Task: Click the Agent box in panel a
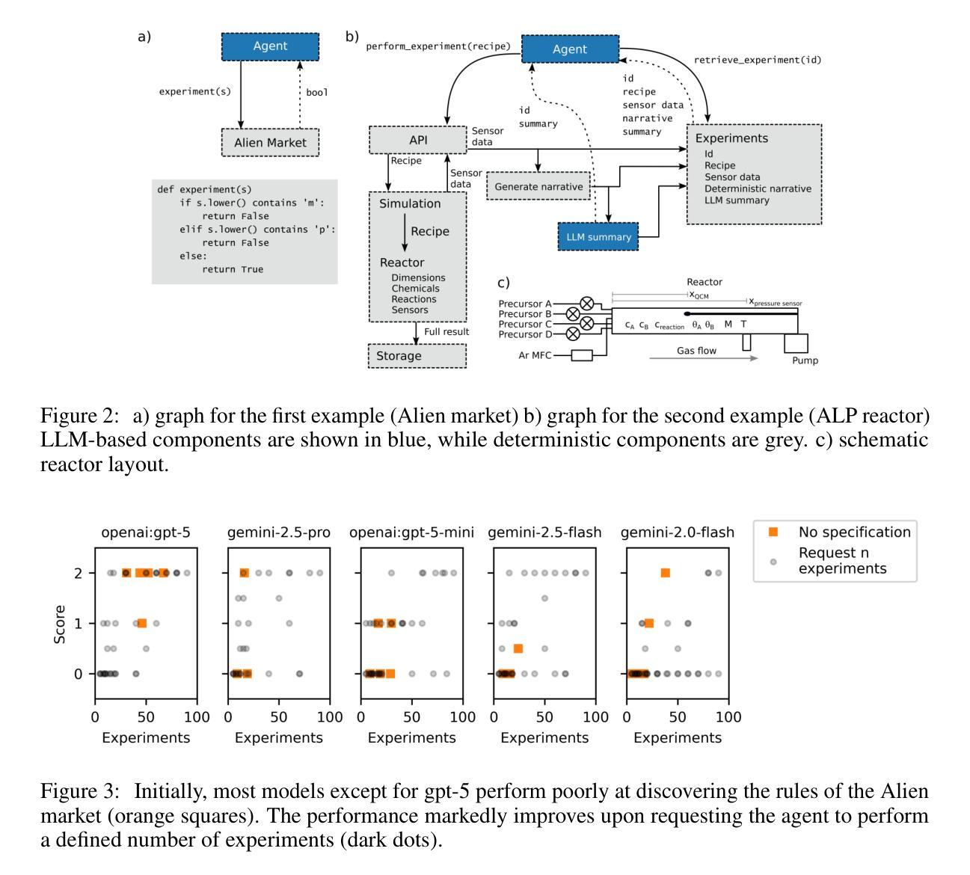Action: click(x=270, y=46)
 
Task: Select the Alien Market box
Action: click(x=270, y=142)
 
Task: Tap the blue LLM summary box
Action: click(x=598, y=237)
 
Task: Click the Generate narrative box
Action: click(x=538, y=186)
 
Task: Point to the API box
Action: click(x=418, y=140)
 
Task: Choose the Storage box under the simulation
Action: click(x=417, y=356)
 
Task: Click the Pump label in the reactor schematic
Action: click(x=805, y=360)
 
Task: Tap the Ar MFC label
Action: click(x=535, y=355)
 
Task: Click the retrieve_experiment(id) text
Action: click(x=757, y=60)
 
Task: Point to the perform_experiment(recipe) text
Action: click(x=438, y=46)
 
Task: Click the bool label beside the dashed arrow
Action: click(x=317, y=93)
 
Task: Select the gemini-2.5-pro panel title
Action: click(x=279, y=532)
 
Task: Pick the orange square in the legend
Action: click(x=773, y=532)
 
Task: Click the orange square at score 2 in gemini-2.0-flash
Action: click(x=665, y=573)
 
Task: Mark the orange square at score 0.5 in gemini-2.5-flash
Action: click(x=518, y=648)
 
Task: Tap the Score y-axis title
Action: click(x=60, y=624)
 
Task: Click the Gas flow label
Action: click(x=696, y=351)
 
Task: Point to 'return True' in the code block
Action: click(x=233, y=269)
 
